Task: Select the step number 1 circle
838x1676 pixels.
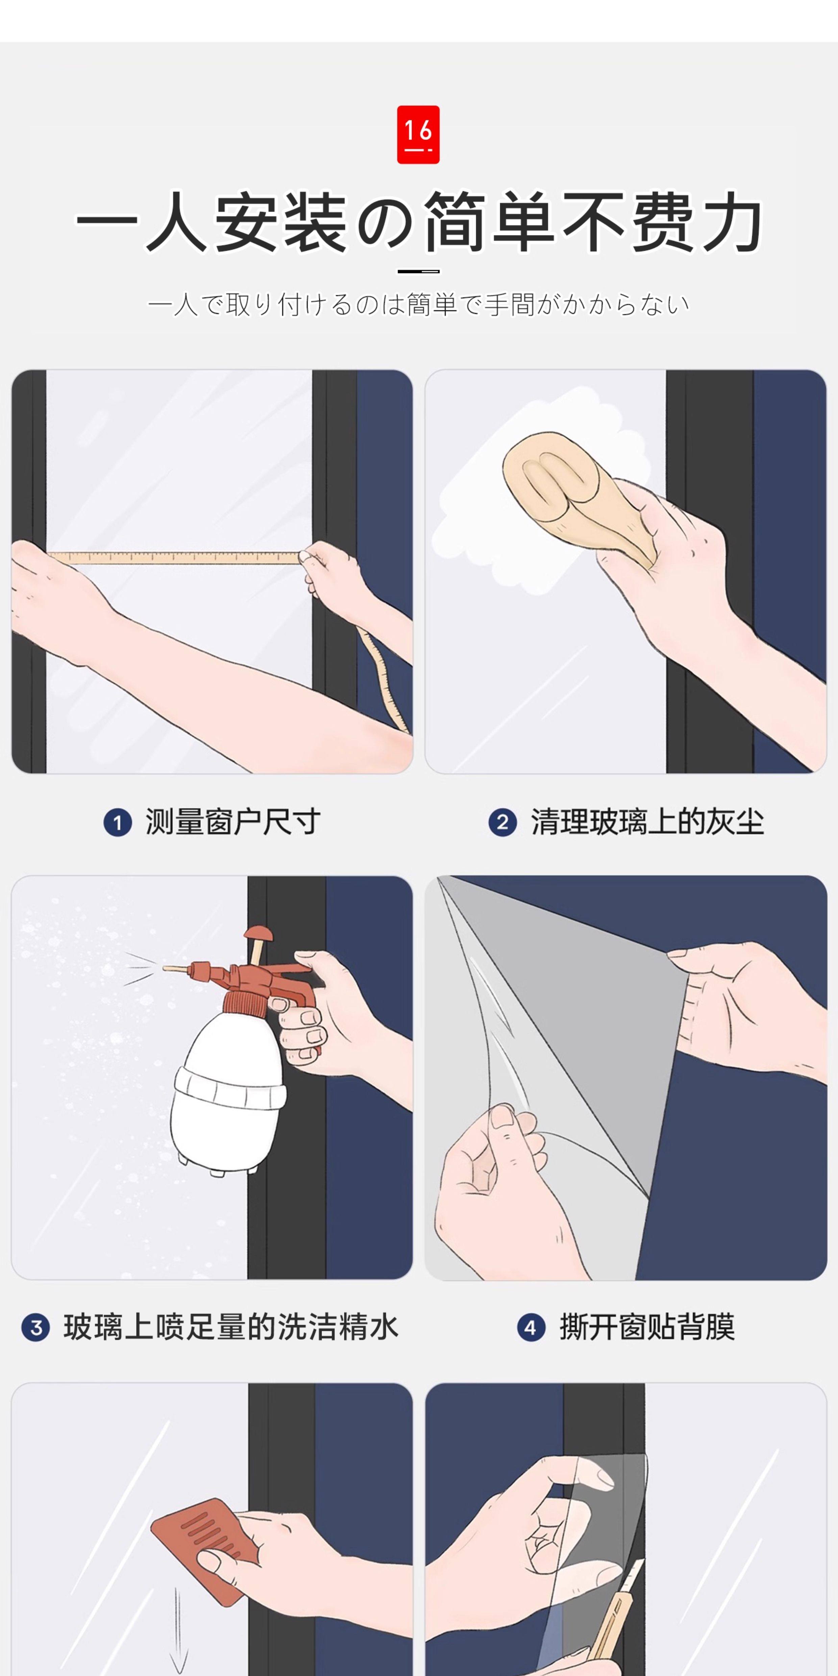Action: point(118,822)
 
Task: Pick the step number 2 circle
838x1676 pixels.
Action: point(502,822)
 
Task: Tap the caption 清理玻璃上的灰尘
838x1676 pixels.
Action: point(647,822)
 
